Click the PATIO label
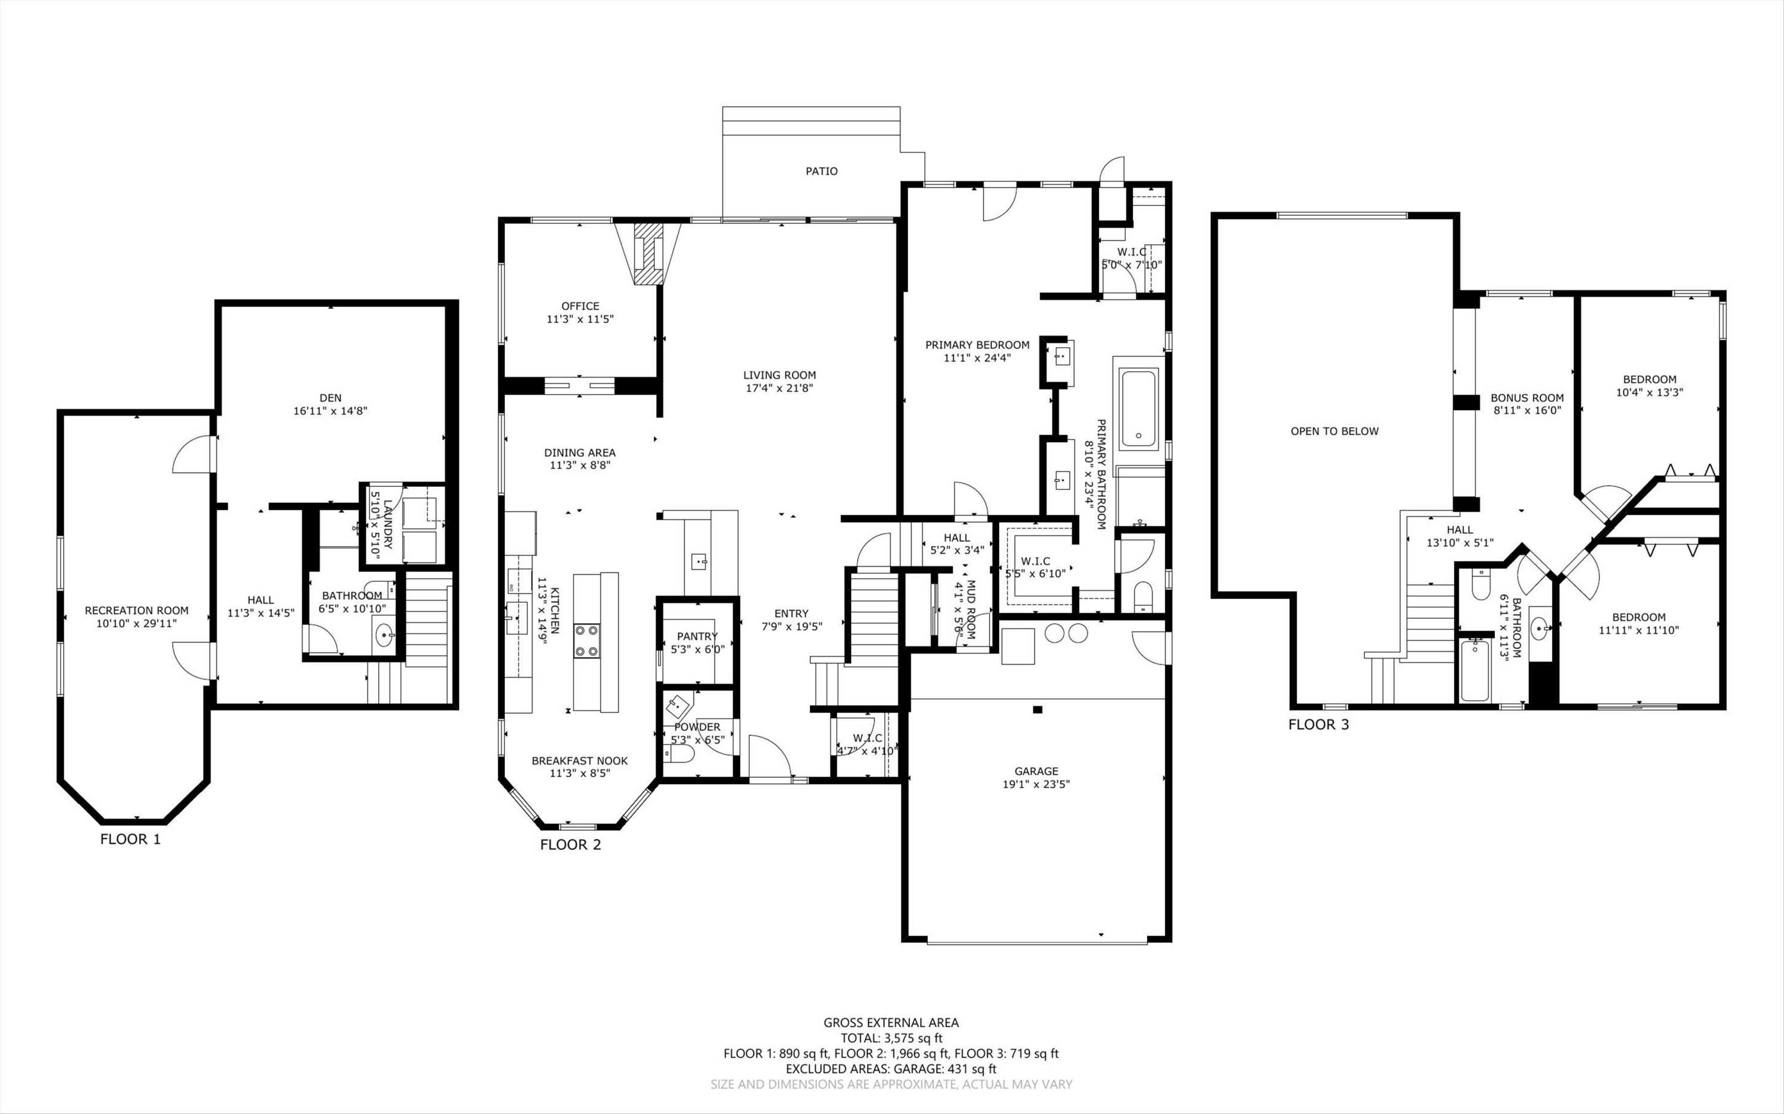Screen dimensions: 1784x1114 [x=822, y=171]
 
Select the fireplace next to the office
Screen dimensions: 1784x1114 [x=648, y=254]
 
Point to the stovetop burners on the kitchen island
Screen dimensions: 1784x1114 [x=588, y=640]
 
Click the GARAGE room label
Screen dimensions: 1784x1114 [x=1036, y=772]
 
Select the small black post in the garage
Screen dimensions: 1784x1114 [x=1038, y=710]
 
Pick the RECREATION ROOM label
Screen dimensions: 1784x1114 [x=136, y=610]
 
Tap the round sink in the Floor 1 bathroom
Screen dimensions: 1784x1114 [x=384, y=634]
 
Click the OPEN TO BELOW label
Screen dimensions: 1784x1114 [x=1334, y=431]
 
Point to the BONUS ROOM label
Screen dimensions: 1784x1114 [x=1527, y=398]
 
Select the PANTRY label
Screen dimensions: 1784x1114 [x=697, y=636]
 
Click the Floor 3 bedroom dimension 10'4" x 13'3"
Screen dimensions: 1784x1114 [x=1649, y=393]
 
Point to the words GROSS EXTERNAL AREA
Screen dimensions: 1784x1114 [x=891, y=1022]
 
